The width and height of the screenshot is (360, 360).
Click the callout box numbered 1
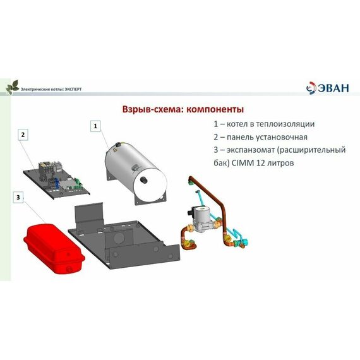tap(95, 126)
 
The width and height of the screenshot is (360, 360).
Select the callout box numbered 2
tap(23, 135)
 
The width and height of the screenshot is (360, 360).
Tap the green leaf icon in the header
tap(11, 87)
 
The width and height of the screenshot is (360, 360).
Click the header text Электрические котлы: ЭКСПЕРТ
tap(51, 90)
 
